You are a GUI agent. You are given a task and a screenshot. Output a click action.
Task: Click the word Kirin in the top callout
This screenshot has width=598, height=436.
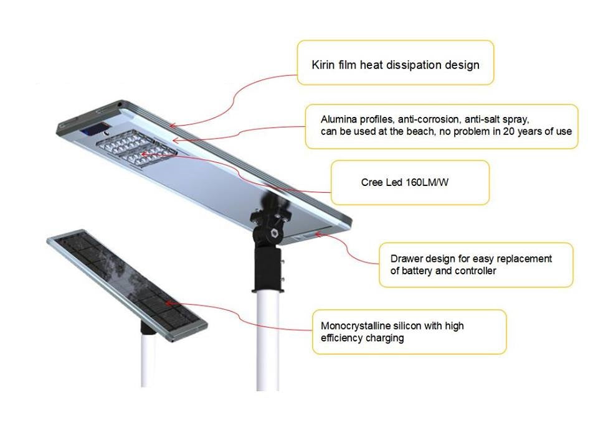[x=323, y=65]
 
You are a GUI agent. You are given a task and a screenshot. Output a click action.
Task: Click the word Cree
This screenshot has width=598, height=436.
[x=372, y=183]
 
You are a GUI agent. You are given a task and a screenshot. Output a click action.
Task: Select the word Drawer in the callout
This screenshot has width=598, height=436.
[x=407, y=259]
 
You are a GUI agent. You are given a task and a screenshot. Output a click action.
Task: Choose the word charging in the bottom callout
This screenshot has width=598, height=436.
[x=383, y=338]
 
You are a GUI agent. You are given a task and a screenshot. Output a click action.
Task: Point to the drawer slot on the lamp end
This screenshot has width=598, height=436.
[x=305, y=236]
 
